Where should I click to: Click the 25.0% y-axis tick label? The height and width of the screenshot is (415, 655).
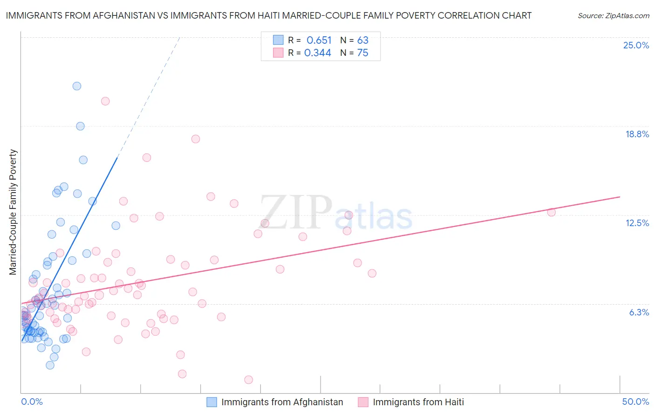[636, 45]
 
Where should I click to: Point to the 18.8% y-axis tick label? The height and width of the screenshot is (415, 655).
[637, 134]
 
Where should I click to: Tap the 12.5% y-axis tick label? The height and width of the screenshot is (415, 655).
[637, 223]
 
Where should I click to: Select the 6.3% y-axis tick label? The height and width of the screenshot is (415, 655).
[639, 312]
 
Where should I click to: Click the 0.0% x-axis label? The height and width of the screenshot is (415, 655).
[32, 402]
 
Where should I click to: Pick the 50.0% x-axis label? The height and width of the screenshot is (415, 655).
[635, 402]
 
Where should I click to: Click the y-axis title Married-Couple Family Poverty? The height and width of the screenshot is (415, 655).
[13, 212]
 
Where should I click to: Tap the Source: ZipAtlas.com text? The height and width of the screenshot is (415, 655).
[613, 15]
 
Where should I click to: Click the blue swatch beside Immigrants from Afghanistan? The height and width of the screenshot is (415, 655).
[212, 402]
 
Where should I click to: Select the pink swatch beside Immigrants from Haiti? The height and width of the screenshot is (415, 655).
[363, 402]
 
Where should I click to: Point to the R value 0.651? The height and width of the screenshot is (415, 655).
[319, 40]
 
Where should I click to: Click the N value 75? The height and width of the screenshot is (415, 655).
[362, 53]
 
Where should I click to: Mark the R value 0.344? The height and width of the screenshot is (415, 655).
[317, 53]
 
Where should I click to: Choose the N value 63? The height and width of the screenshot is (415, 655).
[362, 40]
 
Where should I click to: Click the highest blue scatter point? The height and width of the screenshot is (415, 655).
[77, 86]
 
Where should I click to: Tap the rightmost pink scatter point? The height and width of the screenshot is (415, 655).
[551, 212]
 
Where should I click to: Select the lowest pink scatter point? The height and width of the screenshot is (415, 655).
[249, 380]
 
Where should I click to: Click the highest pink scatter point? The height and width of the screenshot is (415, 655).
[105, 101]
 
